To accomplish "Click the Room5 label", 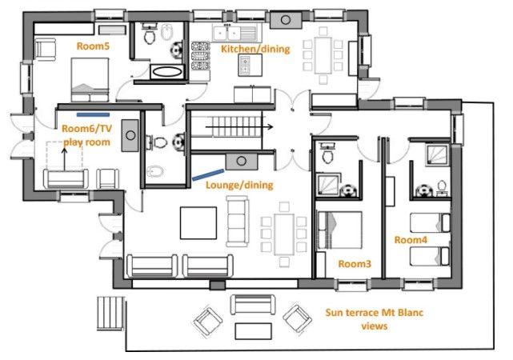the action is [x=93, y=46].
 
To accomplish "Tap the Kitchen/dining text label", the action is [x=255, y=49].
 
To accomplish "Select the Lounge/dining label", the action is [x=239, y=185].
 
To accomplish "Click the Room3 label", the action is [x=355, y=263].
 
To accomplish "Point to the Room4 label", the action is [x=411, y=240].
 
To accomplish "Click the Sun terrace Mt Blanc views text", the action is [x=375, y=319].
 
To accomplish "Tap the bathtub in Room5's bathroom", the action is [x=167, y=71].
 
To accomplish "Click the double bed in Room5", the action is [x=90, y=79].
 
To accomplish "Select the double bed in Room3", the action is [x=339, y=230].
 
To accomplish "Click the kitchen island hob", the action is [x=250, y=65].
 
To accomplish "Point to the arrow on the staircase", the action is [x=239, y=126].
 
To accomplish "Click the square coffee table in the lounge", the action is [x=198, y=223].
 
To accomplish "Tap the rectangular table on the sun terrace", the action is [x=253, y=331].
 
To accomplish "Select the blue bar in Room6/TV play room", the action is [x=94, y=114].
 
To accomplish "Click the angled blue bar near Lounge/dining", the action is [x=208, y=174].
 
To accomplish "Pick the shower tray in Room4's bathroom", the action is [x=437, y=156].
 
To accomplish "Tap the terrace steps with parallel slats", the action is [x=110, y=314].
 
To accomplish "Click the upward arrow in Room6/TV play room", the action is [x=65, y=159].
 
